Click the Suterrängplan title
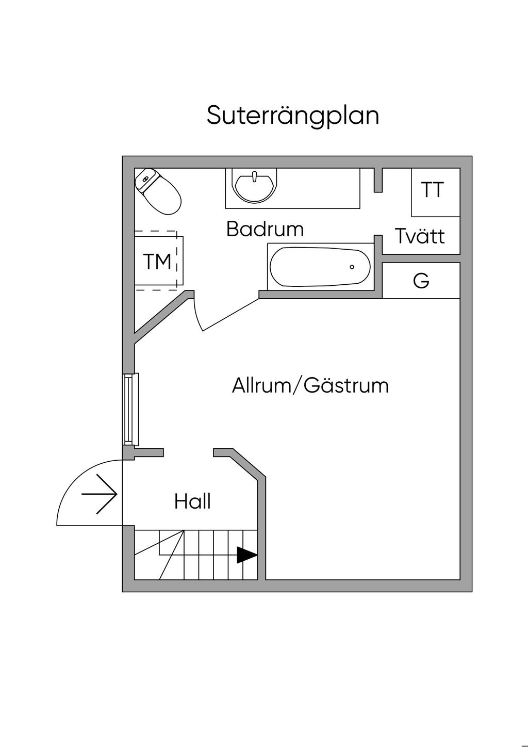(293, 116)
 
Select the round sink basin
(253, 186)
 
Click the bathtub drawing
(320, 267)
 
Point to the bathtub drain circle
(352, 267)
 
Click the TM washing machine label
(157, 262)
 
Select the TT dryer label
(433, 190)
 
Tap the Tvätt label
(420, 236)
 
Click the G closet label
(421, 281)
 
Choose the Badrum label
(265, 229)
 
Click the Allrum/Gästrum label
(310, 385)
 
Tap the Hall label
(192, 501)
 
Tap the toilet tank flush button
(145, 179)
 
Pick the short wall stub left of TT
(378, 180)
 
